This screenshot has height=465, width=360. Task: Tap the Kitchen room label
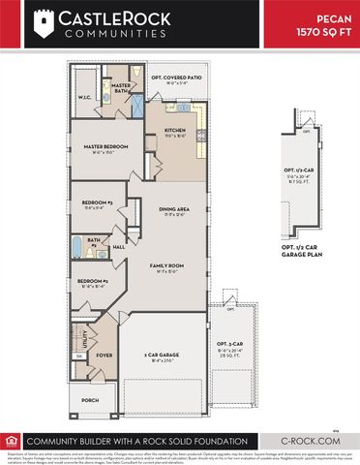(x=174, y=130)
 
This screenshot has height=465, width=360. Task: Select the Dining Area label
(x=174, y=209)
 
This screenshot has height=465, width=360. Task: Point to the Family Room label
(x=166, y=264)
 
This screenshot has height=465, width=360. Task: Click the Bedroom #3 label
(x=97, y=202)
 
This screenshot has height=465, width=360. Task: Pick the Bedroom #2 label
(x=93, y=283)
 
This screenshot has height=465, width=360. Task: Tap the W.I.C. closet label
(x=84, y=97)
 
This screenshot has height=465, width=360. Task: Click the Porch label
(x=89, y=400)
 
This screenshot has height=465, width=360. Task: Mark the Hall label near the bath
(x=118, y=247)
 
